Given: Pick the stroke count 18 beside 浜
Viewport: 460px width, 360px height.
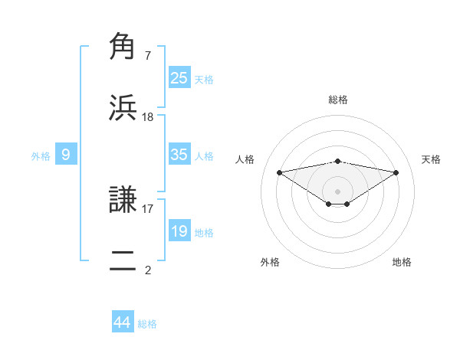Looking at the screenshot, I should [147, 116].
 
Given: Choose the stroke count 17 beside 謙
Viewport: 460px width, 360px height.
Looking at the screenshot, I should [147, 208].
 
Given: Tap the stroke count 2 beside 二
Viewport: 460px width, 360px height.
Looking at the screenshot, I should [147, 269].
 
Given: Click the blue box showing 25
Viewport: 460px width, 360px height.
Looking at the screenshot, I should [179, 78].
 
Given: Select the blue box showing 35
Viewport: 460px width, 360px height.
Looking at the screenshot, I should [179, 155].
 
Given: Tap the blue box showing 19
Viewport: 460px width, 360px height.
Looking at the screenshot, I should [179, 231].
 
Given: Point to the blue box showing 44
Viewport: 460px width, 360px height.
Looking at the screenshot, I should [122, 323].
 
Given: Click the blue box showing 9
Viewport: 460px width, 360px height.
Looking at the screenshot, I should [66, 155].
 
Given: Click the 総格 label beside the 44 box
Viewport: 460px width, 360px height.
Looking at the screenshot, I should [147, 324].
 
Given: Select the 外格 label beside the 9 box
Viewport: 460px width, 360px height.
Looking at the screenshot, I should [41, 155].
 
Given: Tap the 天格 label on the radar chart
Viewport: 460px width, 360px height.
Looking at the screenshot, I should [432, 159].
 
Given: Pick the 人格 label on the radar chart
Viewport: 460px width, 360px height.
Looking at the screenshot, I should [245, 159].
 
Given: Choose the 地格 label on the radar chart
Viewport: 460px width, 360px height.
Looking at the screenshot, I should [402, 262].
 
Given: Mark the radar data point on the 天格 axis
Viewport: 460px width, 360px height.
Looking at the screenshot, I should [396, 172].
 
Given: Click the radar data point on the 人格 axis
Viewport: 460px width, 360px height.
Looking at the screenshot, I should [279, 172].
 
